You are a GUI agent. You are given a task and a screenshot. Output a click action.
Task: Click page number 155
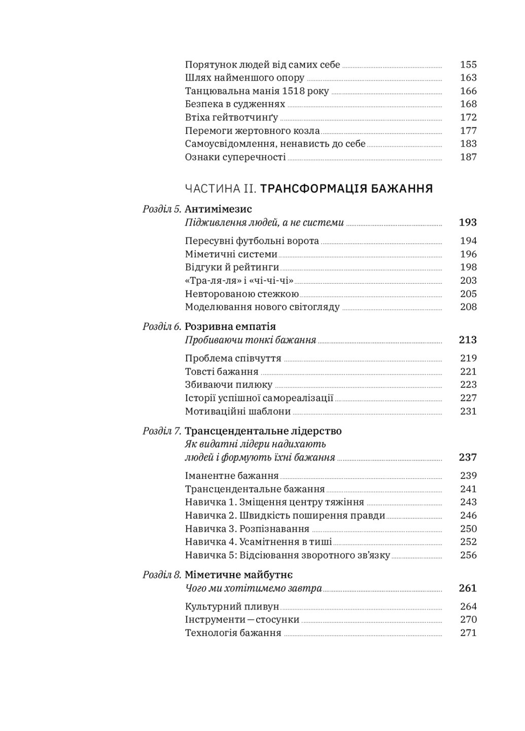coord(468,64)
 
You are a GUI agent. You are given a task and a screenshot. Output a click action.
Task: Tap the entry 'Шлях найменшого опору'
coord(244,78)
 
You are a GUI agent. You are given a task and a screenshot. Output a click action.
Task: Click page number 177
coord(468,130)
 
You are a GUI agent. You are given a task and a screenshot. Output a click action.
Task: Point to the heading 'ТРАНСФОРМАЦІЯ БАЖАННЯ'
coord(346,189)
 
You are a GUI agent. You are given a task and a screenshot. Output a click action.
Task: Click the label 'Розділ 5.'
coord(162,209)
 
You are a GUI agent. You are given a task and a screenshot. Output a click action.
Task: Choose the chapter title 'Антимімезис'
coord(218,209)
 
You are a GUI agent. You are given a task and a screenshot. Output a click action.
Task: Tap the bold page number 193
coord(468,222)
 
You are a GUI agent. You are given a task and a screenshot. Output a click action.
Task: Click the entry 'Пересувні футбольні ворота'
coord(252,241)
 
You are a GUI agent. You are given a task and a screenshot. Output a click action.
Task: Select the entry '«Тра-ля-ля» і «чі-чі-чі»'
coord(239,281)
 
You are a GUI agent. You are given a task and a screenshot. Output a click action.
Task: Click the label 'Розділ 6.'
coord(162,327)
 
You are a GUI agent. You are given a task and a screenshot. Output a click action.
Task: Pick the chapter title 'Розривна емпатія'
coord(230,327)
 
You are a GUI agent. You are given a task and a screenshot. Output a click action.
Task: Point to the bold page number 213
coord(468,340)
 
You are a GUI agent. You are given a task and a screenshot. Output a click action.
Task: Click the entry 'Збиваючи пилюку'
coord(229,385)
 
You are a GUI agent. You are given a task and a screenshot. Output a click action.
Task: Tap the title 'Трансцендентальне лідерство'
coord(263,431)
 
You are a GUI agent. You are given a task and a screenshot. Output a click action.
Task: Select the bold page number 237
coord(468,457)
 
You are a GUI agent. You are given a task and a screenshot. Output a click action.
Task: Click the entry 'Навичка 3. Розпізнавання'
coord(247,529)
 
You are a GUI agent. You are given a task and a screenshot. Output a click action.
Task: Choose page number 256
coord(468,555)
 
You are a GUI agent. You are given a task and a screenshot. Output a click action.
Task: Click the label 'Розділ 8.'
coord(162,575)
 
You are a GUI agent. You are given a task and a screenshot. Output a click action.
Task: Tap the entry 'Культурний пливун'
coord(232,607)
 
